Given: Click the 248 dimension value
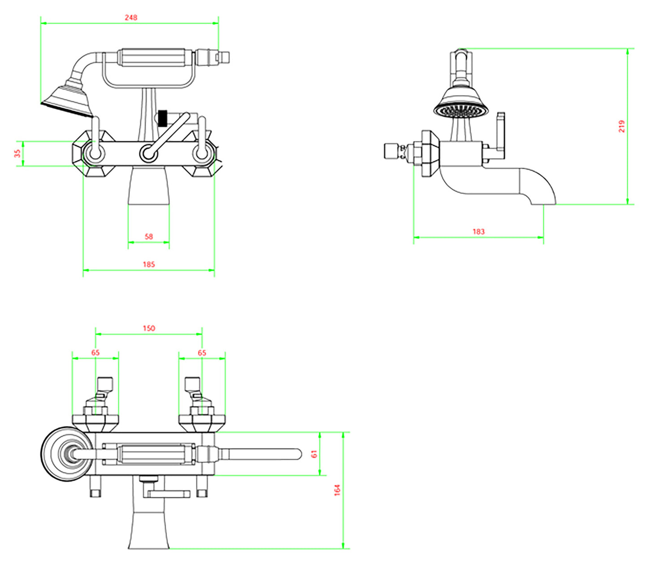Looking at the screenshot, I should click(131, 18).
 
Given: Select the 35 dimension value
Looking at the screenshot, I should click(17, 153).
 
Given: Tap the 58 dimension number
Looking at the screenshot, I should click(149, 237).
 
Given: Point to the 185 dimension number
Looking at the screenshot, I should click(149, 264).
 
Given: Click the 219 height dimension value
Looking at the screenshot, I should click(622, 126).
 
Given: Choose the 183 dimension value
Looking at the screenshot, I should click(478, 232).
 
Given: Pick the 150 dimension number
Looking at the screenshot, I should click(149, 328).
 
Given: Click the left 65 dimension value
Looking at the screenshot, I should click(96, 353).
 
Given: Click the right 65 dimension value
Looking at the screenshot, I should click(202, 353).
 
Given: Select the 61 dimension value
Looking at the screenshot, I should click(314, 454).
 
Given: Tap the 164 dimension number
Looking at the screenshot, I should click(338, 490).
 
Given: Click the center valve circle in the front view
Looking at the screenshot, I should click(148, 154).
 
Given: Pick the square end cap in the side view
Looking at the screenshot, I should click(391, 151).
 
